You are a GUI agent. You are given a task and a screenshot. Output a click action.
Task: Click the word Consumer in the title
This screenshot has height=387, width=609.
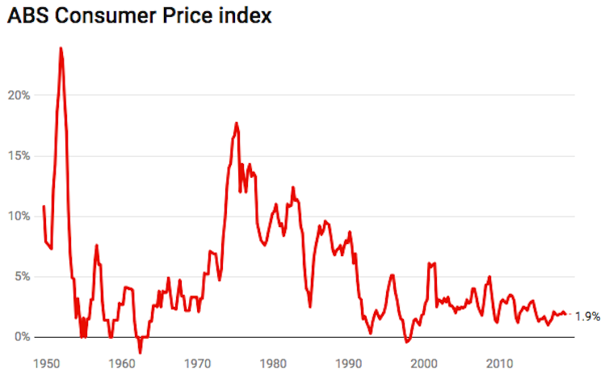(107, 15)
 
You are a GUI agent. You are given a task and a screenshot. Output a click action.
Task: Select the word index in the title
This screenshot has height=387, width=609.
(247, 15)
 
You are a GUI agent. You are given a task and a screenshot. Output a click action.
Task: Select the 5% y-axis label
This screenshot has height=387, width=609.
(22, 276)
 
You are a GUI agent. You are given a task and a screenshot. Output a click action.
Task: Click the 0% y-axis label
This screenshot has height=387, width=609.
(22, 337)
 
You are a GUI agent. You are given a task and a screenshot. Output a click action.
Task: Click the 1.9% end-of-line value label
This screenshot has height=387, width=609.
(588, 316)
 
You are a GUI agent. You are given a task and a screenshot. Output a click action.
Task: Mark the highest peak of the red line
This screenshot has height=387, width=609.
(61, 48)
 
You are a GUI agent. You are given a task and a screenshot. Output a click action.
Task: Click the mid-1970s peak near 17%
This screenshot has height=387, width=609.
(236, 124)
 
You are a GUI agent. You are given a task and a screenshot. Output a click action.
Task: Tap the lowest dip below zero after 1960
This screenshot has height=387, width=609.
(140, 352)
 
